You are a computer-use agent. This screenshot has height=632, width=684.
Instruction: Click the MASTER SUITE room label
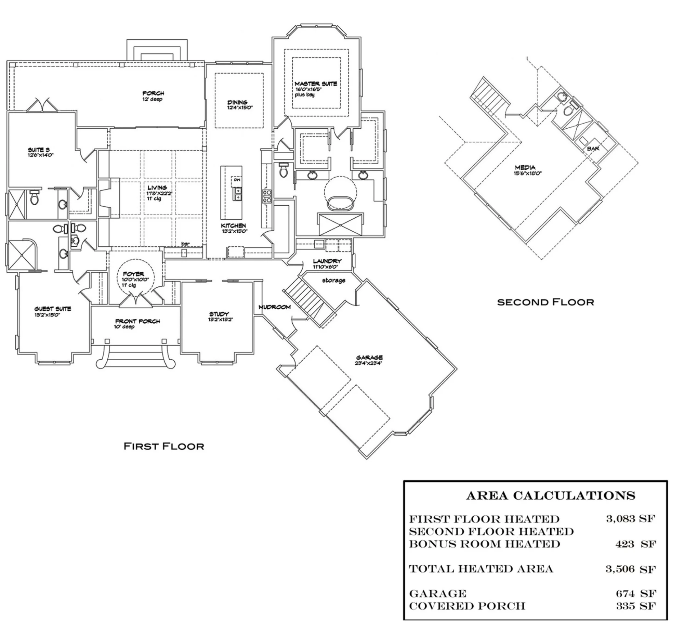coord(316,84)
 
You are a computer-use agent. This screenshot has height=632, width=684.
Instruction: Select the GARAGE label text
coord(369,357)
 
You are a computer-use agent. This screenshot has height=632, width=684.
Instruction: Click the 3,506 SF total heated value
coord(630,569)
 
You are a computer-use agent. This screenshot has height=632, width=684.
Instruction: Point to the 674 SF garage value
coord(636,593)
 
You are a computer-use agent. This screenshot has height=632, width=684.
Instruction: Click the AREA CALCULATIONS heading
coord(550,495)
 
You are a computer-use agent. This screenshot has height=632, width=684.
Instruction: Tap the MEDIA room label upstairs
coord(525,167)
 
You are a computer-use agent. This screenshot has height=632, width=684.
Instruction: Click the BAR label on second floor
coord(593,149)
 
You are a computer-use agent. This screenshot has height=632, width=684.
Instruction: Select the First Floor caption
coord(163,446)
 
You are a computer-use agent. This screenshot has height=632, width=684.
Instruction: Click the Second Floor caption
coord(545,302)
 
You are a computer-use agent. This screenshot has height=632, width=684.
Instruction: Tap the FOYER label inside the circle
coord(133,274)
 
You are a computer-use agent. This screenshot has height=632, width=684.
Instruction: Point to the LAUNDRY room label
coord(327,261)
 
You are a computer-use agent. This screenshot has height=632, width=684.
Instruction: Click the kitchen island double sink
coord(237,194)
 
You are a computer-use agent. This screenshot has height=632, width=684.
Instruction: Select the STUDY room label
coord(219,314)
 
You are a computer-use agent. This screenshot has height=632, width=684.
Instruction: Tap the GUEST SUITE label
coord(53,309)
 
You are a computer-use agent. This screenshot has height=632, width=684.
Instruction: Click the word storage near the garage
coord(333,280)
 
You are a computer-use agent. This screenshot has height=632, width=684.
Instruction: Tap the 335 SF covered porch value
coord(636,606)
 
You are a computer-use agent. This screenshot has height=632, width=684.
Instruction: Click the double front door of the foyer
coord(136,300)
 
